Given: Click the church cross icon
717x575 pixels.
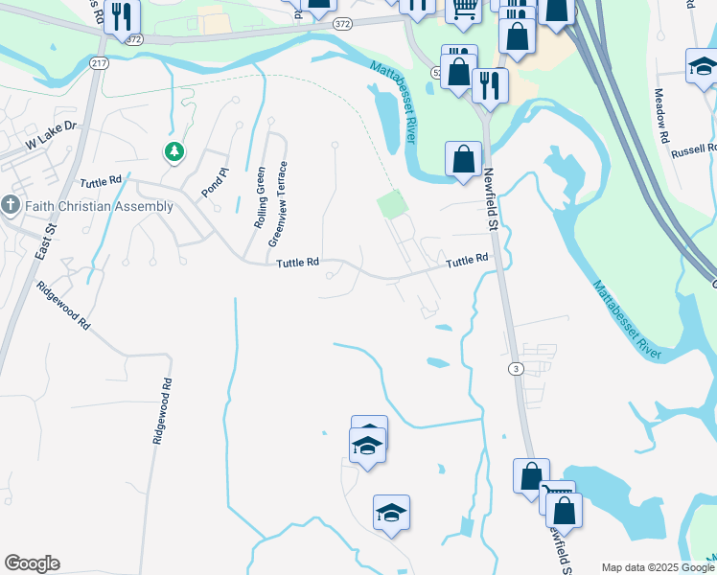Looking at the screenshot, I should (x=11, y=205).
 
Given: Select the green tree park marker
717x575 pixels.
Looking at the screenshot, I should (x=173, y=151).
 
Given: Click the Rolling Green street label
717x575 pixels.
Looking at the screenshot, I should (x=260, y=195).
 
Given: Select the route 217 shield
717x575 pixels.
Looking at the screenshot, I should (x=99, y=62).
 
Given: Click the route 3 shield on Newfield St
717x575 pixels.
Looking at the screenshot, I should (x=516, y=369).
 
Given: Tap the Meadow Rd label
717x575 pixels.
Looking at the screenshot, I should (x=661, y=116).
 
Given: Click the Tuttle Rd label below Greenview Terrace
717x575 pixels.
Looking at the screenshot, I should (x=297, y=264).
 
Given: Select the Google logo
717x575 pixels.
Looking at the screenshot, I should (x=32, y=563).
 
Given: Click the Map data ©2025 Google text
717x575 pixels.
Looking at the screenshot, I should (x=655, y=567).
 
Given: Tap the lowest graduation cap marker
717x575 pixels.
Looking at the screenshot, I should (x=391, y=515).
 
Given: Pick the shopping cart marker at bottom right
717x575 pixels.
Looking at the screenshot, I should (x=557, y=497).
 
